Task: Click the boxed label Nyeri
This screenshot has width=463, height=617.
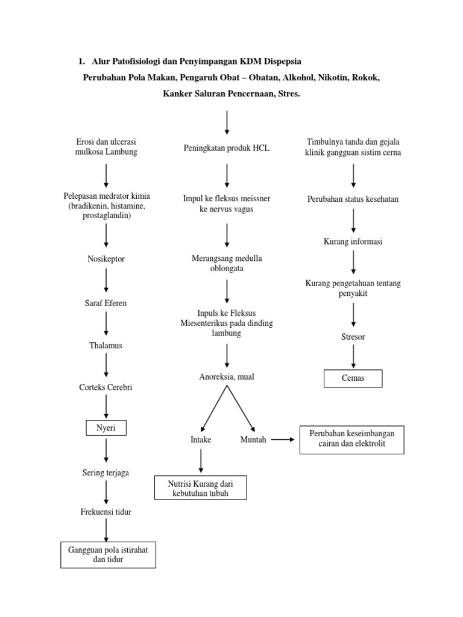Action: coord(106,428)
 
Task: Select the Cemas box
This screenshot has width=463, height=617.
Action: coord(353,378)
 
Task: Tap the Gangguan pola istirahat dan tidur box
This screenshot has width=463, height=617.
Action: coord(108,555)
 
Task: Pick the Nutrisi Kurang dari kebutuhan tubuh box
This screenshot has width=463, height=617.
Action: coord(200,488)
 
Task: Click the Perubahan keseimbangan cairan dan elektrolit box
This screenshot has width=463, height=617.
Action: coord(351,439)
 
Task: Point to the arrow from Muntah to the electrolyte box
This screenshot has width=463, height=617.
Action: coord(283,439)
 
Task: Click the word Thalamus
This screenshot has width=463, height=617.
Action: coord(106,345)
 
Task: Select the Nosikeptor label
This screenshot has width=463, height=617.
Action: coord(106,259)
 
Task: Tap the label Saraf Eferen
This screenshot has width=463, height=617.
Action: coord(106,303)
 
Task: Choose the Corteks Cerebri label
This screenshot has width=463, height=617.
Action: coord(106,387)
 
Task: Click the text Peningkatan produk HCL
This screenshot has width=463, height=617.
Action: coord(227,148)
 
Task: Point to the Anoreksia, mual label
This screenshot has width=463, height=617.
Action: coord(227,377)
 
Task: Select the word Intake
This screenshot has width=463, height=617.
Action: coord(201,439)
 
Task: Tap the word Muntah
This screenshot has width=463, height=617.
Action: coord(253,439)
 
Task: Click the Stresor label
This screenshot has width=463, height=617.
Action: coord(353,337)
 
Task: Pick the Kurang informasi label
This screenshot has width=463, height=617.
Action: coord(353,241)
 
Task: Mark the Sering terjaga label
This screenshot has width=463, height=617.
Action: coord(106,472)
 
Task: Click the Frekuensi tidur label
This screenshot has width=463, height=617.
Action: coord(106,512)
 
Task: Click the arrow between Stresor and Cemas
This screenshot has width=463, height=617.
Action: coord(353,356)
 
